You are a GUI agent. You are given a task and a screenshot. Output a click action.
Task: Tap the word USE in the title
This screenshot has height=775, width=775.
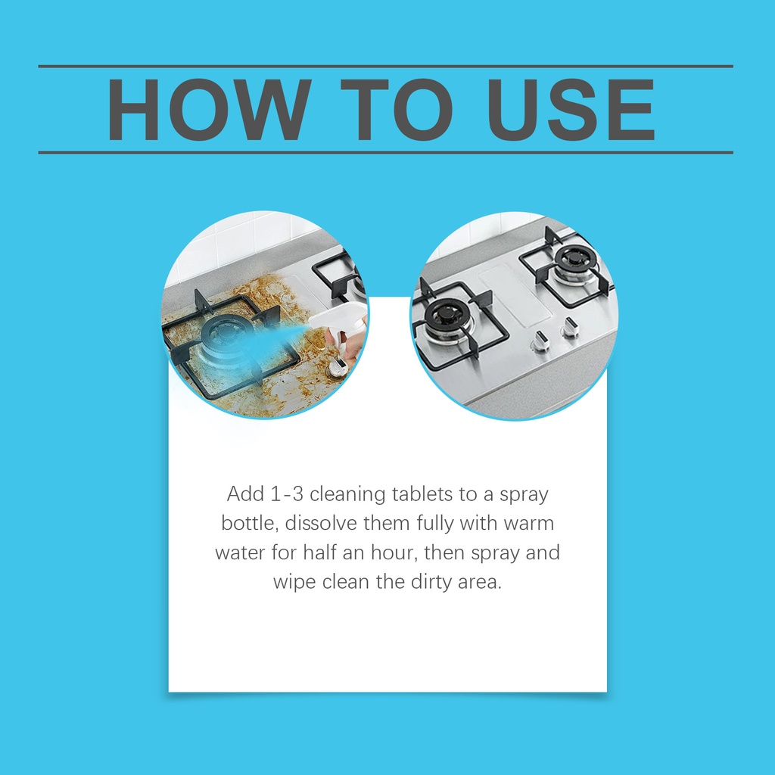tap(571, 109)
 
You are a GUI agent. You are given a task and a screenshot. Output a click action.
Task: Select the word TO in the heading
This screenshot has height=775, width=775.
tap(397, 109)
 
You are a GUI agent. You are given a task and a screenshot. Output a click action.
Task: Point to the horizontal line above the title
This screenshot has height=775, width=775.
tap(385, 67)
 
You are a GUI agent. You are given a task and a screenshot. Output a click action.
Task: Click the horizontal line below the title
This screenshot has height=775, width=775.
tap(385, 153)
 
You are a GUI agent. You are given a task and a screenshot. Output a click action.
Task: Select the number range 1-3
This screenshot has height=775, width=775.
tap(287, 494)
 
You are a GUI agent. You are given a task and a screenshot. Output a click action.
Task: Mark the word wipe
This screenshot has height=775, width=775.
tap(294, 582)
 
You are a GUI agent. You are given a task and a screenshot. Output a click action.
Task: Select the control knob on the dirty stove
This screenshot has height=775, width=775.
tap(339, 366)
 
